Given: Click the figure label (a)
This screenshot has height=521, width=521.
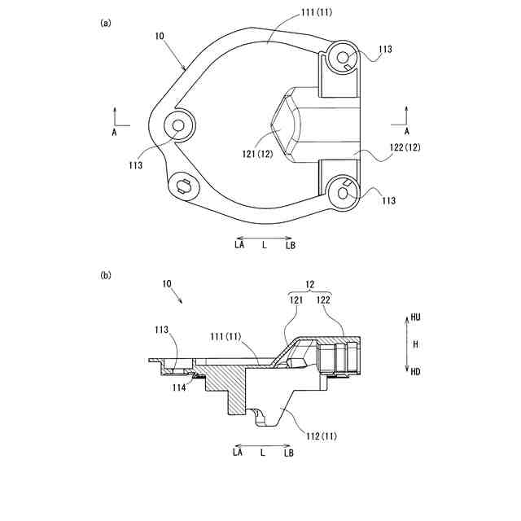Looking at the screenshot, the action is coord(106,23).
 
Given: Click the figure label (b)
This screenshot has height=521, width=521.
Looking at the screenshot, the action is coord(106,275).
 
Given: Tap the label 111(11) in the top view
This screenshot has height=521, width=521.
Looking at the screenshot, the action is coord(317,13).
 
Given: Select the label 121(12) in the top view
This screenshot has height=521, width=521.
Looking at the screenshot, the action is coord(257,154).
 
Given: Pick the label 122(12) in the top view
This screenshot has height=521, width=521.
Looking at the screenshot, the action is coord(405,147).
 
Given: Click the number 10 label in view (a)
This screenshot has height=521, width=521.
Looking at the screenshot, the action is coord(160,36).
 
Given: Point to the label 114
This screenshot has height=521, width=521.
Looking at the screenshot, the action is coord(179,387).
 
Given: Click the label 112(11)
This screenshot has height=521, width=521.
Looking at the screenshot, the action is coord(322,436).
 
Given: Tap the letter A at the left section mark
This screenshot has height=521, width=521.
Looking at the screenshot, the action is coord(114,132).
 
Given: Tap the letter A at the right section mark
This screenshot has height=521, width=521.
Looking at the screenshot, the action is coord(407,132).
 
